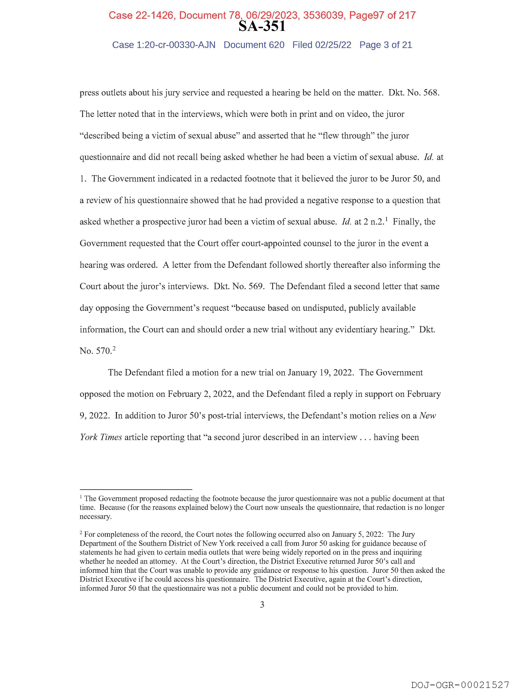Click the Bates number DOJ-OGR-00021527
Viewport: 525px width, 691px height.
[x=460, y=685]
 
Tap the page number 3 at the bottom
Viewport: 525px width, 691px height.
[x=262, y=605]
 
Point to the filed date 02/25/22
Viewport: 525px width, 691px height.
[x=333, y=45]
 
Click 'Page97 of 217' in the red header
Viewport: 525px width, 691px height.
[x=383, y=15]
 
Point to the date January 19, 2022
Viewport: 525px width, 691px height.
[x=321, y=373]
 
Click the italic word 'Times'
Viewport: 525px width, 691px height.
[x=111, y=437]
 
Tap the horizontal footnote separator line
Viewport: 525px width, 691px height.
[x=136, y=489]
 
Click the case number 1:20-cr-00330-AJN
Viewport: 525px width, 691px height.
[x=176, y=45]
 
